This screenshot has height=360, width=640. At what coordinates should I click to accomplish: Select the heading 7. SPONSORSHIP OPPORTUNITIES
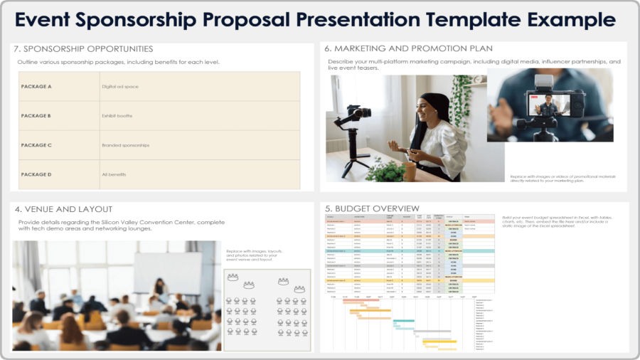click(x=84, y=49)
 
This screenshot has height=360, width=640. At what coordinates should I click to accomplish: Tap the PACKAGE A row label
click(x=36, y=87)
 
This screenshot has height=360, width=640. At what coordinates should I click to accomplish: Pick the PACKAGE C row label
click(x=36, y=145)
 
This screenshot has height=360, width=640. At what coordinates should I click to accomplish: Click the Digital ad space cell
click(x=120, y=87)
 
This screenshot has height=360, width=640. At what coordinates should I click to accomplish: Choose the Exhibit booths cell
click(x=117, y=116)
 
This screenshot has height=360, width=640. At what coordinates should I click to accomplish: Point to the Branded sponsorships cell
click(x=126, y=145)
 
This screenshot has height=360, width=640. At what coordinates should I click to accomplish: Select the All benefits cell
click(x=114, y=174)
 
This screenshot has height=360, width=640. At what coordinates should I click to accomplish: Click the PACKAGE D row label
click(x=36, y=174)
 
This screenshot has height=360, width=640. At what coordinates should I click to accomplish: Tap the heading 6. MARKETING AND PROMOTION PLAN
click(x=408, y=49)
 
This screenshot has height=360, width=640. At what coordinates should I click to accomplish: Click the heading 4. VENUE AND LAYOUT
click(x=63, y=209)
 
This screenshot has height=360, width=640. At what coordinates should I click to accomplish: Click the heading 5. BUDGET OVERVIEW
click(x=369, y=209)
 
